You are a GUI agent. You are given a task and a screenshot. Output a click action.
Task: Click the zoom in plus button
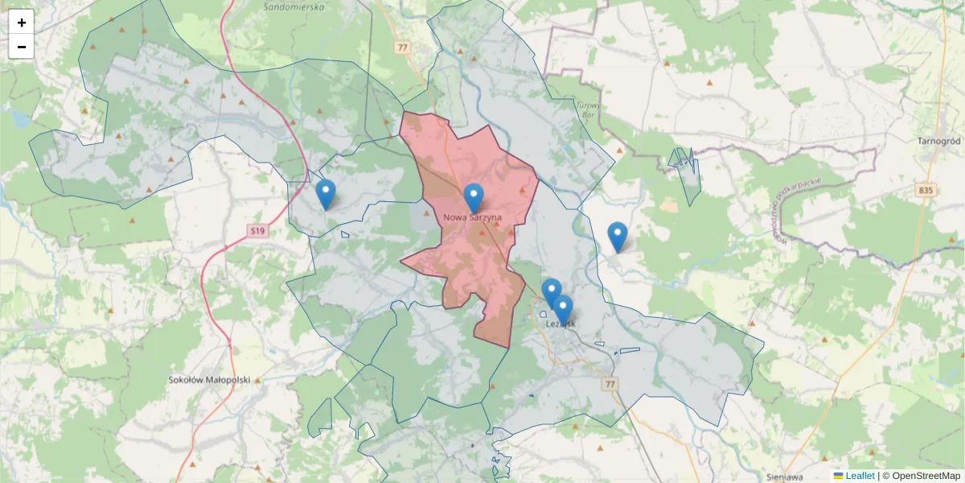22,23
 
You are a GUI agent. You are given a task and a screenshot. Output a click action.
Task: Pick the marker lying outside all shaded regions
618,237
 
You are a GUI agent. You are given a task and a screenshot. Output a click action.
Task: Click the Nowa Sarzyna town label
473,217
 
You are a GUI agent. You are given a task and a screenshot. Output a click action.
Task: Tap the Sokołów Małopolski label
210,379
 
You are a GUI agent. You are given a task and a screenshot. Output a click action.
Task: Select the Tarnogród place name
938,141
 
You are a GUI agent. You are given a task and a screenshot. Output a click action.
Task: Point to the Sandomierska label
294,6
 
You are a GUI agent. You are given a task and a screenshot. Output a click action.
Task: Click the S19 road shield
257,232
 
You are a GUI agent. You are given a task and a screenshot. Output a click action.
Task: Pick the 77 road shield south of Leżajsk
610,385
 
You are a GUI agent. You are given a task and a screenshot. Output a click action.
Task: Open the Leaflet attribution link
860,476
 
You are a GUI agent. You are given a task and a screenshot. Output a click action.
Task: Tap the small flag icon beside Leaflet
838,476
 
